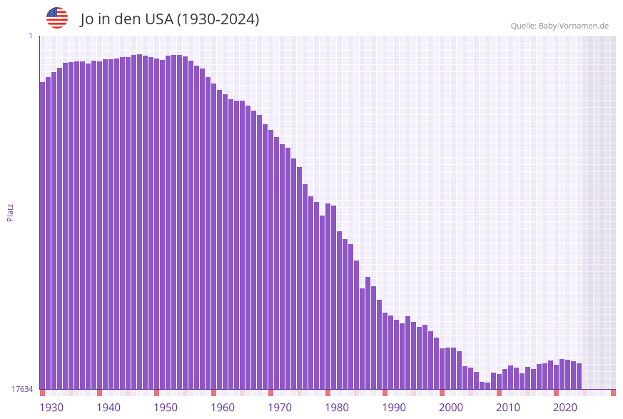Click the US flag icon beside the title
click(57, 18)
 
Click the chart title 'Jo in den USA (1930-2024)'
click(169, 19)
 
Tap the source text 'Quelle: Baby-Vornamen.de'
click(559, 26)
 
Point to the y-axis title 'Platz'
click(11, 212)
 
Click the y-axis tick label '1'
click(30, 36)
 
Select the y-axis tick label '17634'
click(21, 389)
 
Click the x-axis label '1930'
click(51, 408)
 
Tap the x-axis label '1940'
click(108, 408)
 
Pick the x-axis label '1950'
click(166, 408)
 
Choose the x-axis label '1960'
click(223, 408)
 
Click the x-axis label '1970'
click(280, 408)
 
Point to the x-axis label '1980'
click(337, 408)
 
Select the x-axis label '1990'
click(394, 408)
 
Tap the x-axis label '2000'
click(451, 408)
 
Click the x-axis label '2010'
click(508, 408)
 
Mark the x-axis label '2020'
click(565, 408)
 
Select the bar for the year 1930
click(42, 236)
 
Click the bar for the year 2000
click(442, 368)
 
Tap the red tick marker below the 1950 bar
click(156, 393)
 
